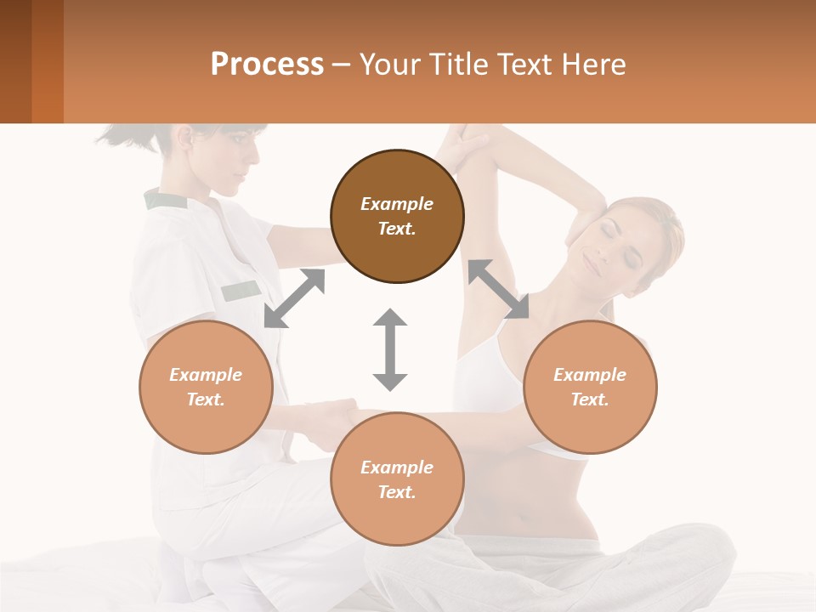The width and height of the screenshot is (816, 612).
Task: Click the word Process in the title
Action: pos(267,65)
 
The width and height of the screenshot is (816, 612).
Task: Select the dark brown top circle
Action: pos(397,216)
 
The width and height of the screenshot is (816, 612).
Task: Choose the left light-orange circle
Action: pos(206,387)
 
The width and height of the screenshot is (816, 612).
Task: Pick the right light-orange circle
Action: pos(590,387)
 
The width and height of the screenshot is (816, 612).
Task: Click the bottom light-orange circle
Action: pos(397,479)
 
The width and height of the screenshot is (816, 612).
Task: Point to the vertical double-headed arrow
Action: pos(390,349)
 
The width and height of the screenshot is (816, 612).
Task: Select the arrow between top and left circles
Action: pos(295,297)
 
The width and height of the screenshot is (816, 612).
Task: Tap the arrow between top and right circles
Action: pos(498,289)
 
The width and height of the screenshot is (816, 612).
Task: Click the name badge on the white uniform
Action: pos(241,291)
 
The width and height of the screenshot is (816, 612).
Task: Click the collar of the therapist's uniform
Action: pos(166,201)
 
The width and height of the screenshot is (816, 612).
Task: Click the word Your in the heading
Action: pos(388,65)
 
